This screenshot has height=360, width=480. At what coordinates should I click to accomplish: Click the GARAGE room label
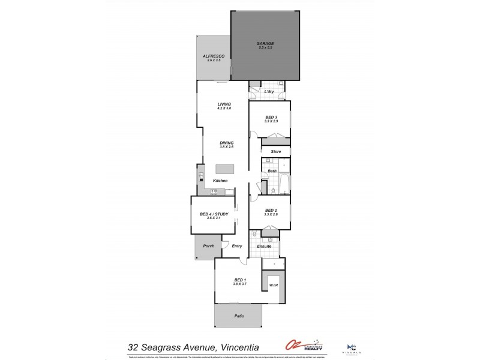[x=265, y=43]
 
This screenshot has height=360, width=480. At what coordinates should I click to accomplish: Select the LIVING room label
[x=224, y=104]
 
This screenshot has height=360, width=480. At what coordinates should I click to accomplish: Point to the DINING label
[x=226, y=143]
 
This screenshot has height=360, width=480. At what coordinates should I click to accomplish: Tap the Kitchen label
[x=220, y=181]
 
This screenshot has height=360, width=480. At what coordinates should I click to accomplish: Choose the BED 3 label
[x=271, y=117]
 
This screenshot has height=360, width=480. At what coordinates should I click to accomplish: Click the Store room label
[x=275, y=152]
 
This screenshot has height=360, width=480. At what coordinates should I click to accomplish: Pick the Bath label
[x=272, y=171]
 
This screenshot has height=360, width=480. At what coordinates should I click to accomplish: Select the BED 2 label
[x=271, y=210]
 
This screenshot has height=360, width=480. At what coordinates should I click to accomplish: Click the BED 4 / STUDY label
[x=214, y=214]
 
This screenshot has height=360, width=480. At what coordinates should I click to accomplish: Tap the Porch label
[x=209, y=245]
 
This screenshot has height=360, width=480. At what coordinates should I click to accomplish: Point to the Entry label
[x=236, y=245]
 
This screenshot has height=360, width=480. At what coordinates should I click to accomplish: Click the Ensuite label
[x=264, y=247]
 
